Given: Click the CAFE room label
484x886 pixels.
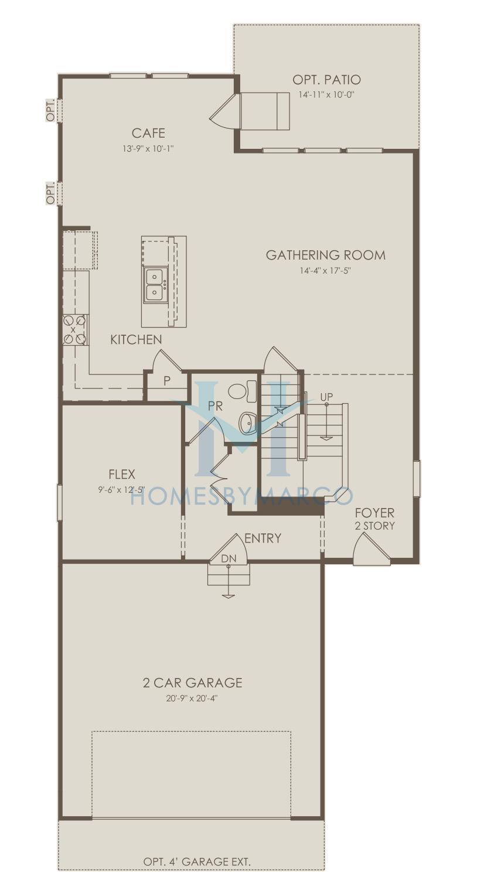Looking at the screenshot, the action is click(x=148, y=133).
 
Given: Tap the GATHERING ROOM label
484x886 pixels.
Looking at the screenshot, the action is click(x=325, y=255).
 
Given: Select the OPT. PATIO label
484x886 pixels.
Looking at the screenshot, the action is click(x=326, y=80).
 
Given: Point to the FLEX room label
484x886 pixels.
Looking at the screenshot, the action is click(x=122, y=474).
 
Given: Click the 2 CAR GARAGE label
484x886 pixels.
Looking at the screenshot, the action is click(x=193, y=683).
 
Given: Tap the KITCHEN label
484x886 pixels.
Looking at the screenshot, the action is click(x=136, y=339).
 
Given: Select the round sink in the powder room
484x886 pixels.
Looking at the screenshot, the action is click(x=248, y=422).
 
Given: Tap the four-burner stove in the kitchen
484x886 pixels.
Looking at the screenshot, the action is click(x=75, y=329).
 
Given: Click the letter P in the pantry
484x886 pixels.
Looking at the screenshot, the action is click(x=167, y=381).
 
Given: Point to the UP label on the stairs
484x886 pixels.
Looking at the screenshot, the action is click(x=326, y=397).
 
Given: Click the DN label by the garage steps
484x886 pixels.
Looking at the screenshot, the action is click(x=229, y=558).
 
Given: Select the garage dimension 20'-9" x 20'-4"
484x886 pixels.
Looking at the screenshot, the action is click(x=192, y=698).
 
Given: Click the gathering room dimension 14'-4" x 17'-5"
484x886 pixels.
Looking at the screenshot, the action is click(x=325, y=271).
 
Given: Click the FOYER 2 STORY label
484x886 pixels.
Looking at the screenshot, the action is click(x=374, y=519).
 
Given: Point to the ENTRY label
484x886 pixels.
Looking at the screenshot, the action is click(x=263, y=538).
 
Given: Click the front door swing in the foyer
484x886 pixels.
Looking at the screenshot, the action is click(x=371, y=547).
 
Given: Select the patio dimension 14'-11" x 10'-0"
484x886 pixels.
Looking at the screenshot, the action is click(x=326, y=95).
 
